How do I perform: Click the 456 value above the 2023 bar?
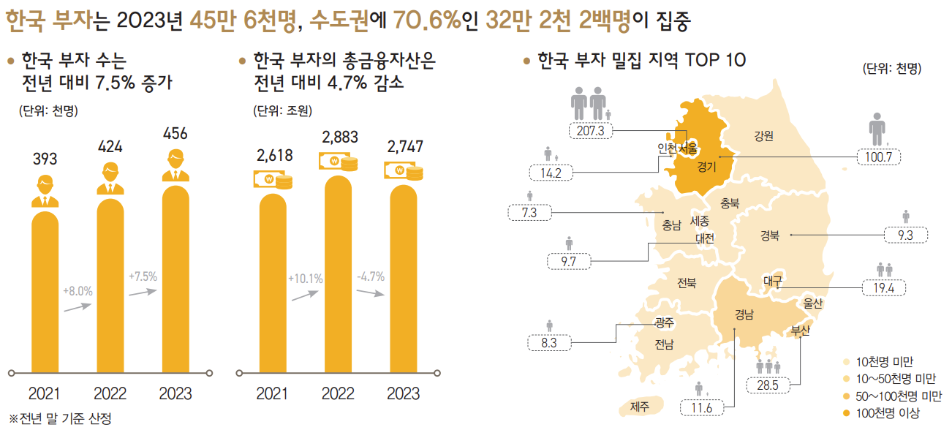(175, 134)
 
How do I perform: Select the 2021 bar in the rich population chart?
(45, 293)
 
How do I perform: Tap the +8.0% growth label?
(78, 291)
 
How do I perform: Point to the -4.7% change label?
(371, 277)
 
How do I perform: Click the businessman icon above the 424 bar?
(110, 180)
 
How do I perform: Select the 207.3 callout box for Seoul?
(590, 130)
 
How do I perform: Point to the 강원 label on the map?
(763, 135)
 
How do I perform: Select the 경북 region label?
(769, 235)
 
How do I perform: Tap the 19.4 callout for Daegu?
(884, 287)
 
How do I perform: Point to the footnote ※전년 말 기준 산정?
(60, 419)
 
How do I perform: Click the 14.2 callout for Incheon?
(551, 173)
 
